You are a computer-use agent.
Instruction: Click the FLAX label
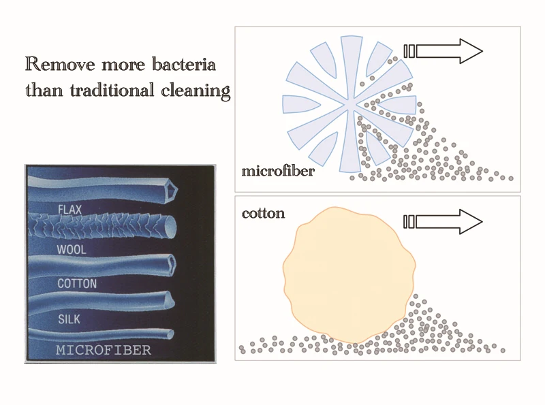pos(70,209)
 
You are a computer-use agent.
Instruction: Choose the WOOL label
pos(70,250)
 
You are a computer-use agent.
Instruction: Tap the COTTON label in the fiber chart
pos(76,284)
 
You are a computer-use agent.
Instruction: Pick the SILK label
pos(69,318)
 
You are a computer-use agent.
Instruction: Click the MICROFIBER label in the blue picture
pos(103,351)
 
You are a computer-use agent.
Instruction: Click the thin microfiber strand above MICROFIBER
pos(102,334)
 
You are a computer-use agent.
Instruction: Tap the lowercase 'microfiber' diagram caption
pos(278,171)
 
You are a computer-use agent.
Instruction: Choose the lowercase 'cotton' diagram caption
pos(263,213)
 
